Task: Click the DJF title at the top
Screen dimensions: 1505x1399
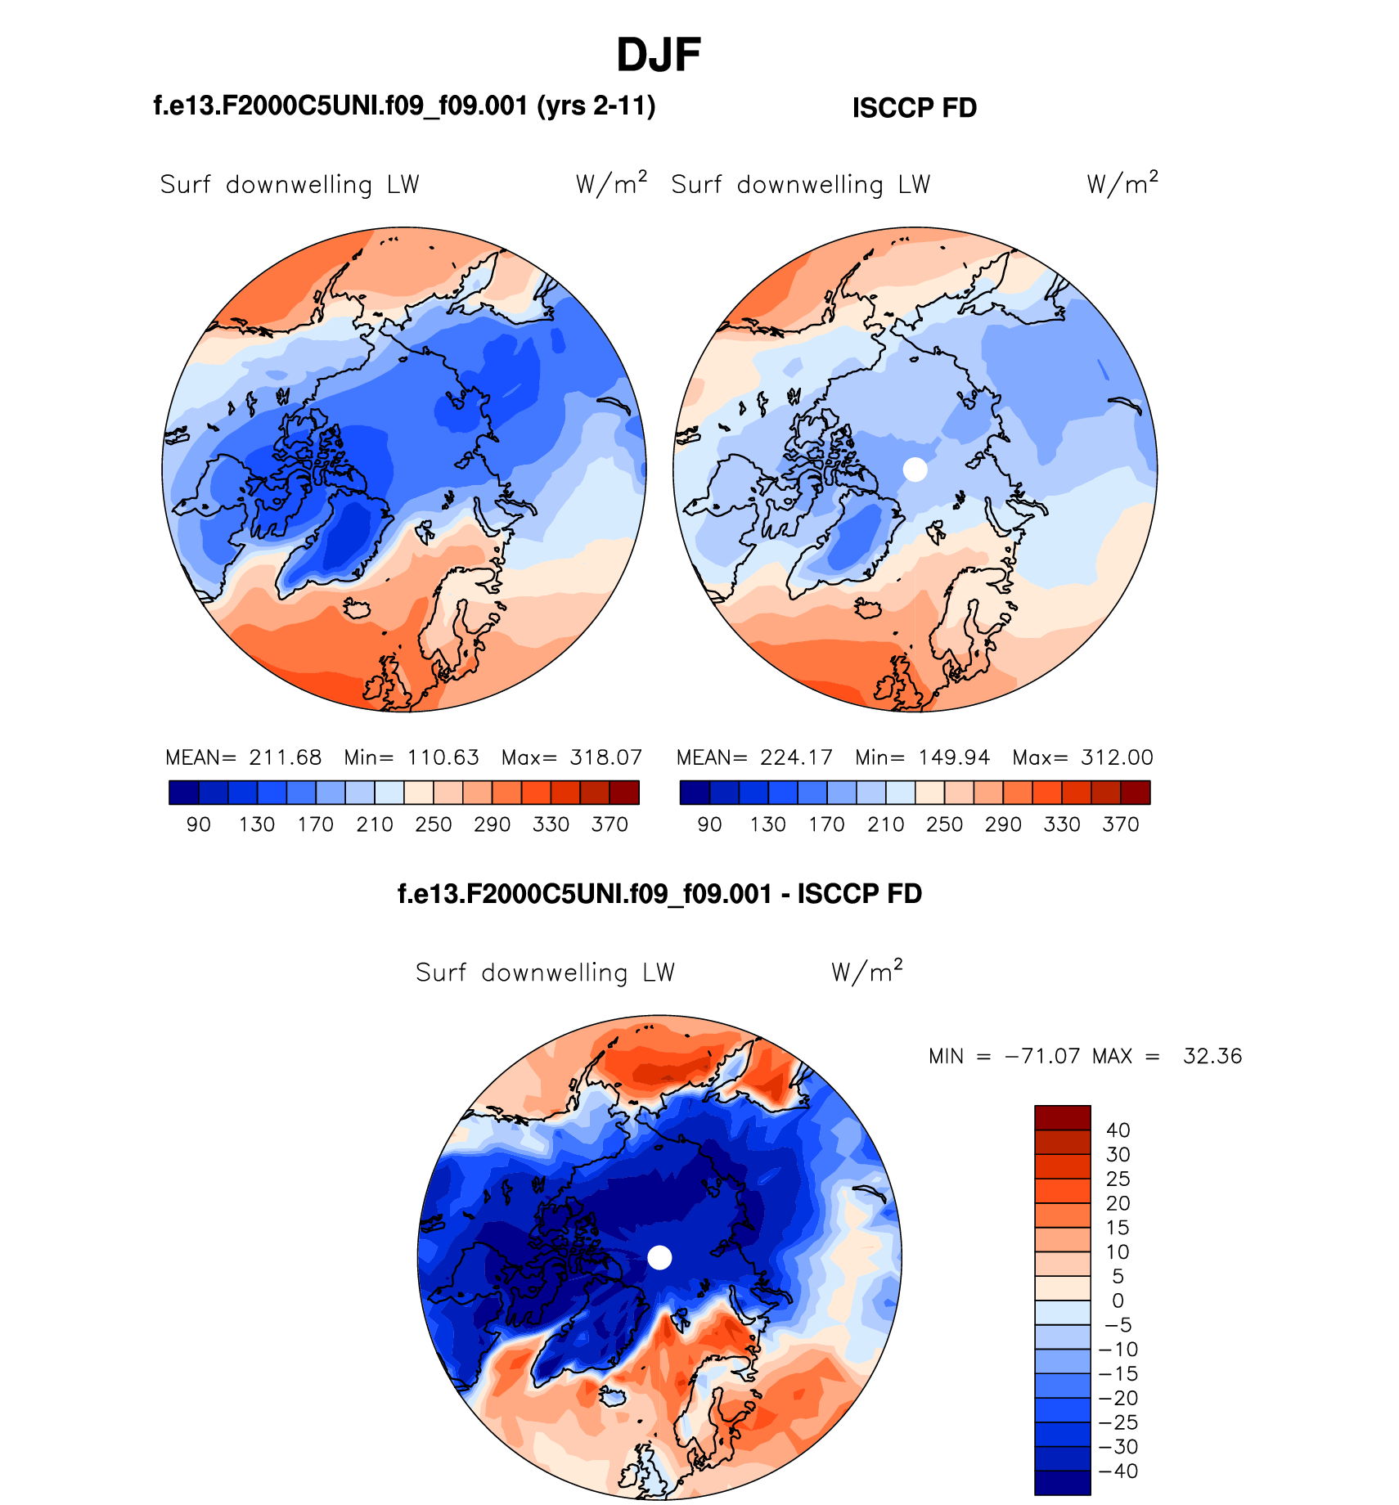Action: (659, 56)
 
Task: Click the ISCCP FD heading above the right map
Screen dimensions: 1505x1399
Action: (915, 108)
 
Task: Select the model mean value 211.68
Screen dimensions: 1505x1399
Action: (286, 757)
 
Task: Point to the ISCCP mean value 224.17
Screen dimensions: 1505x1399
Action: (796, 757)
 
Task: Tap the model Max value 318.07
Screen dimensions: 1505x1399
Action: (606, 757)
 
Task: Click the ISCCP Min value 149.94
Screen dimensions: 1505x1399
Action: (954, 757)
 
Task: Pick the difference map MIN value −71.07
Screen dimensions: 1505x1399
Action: (1042, 1056)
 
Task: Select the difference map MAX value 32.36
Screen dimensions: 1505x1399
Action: (1212, 1056)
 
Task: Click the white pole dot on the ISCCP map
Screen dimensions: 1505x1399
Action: (915, 469)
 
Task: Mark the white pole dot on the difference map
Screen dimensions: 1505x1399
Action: (659, 1257)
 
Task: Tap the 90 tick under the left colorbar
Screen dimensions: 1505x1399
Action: (199, 824)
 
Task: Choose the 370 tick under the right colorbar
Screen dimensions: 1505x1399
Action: (1121, 824)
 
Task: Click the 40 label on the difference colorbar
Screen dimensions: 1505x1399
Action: (1118, 1130)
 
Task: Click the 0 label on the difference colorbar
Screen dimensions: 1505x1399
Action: (1118, 1301)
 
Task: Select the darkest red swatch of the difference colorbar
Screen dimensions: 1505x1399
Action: (1063, 1117)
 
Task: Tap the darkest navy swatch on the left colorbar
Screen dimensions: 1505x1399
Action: (183, 793)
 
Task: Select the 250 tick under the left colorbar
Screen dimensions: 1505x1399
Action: (434, 824)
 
